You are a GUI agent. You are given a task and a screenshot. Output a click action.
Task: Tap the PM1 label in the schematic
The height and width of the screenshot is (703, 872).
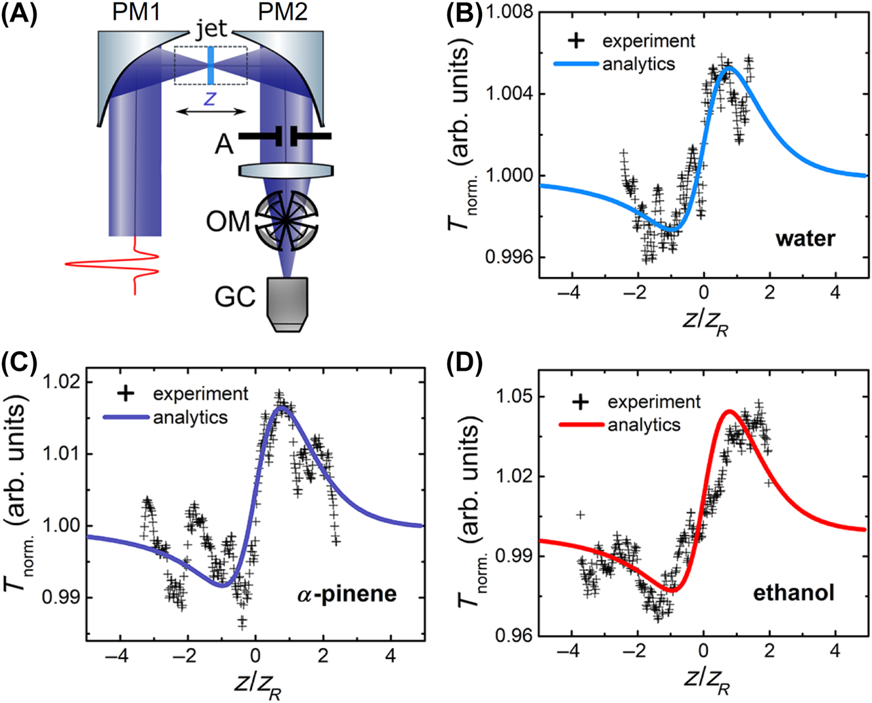click(x=138, y=12)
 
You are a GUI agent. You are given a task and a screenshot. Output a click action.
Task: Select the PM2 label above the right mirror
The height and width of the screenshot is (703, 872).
click(x=282, y=12)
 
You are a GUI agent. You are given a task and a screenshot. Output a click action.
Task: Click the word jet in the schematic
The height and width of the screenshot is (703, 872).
click(x=211, y=29)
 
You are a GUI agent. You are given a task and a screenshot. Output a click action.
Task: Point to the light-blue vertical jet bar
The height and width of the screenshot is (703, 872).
click(x=210, y=66)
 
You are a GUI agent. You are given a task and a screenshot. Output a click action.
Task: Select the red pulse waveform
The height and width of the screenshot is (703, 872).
click(x=125, y=266)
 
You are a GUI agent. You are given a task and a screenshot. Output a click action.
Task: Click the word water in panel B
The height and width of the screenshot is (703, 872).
click(x=805, y=238)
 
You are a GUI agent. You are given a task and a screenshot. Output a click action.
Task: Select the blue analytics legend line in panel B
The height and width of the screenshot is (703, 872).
click(x=576, y=64)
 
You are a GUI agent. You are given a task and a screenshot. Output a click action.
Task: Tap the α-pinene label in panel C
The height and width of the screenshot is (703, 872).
click(x=345, y=594)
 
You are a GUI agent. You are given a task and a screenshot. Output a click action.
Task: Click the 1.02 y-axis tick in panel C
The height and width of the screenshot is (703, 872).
click(x=61, y=382)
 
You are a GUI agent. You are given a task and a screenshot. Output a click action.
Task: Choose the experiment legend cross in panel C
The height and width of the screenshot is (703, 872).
click(x=125, y=393)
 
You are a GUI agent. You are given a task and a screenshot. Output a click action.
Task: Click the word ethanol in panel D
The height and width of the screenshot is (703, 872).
click(x=793, y=593)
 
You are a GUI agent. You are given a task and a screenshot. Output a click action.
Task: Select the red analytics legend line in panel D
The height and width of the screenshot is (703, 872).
click(x=580, y=425)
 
